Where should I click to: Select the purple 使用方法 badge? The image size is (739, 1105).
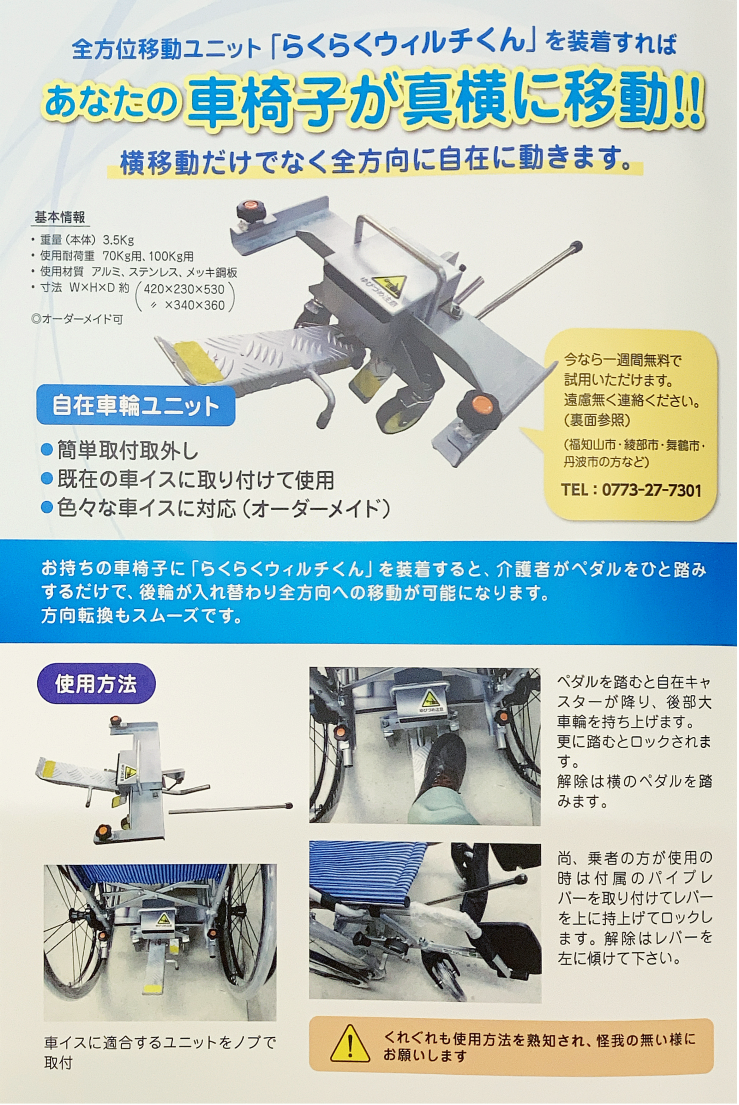coord(96,684)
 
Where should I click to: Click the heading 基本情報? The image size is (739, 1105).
coord(60,217)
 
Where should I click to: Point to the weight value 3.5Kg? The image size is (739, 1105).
coord(118,240)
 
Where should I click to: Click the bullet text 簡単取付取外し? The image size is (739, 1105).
coord(128,451)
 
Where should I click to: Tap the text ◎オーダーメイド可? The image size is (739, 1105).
coord(77,319)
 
